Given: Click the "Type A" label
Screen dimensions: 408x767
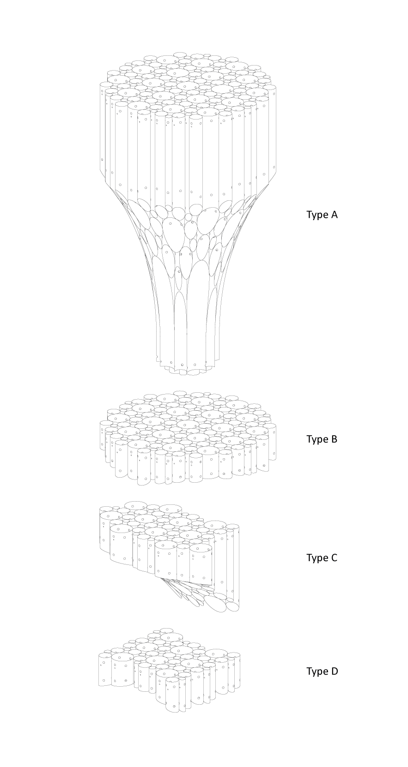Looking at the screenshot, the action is tap(322, 215).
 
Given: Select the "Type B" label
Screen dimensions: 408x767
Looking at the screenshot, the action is tap(322, 439).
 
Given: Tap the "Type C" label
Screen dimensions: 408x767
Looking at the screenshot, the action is tap(322, 558).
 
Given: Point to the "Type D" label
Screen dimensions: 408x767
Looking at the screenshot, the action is tap(322, 671).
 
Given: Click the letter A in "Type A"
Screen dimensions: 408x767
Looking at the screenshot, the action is tap(334, 215).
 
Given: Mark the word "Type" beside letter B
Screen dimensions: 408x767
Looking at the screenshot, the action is tap(317, 440).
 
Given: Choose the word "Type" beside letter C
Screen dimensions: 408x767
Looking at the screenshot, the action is tap(317, 558).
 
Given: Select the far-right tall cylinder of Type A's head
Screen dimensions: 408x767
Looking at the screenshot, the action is tap(272, 130).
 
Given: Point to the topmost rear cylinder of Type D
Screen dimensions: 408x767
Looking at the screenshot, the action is tap(167, 632).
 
